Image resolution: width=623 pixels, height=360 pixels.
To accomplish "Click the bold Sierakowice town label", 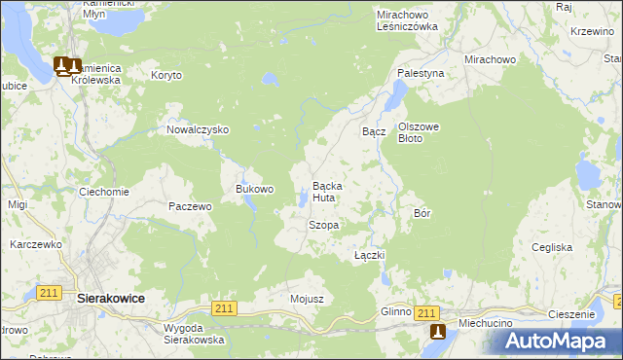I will click(x=111, y=301).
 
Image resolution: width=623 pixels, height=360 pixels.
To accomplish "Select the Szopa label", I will click(x=323, y=225).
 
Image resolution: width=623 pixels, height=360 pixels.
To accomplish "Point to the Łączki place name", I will click(x=370, y=255).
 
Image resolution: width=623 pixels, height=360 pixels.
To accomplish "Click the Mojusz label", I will click(x=307, y=299).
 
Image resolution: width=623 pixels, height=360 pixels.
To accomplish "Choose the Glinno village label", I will click(x=396, y=311).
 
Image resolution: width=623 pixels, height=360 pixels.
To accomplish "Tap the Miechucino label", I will click(x=477, y=312).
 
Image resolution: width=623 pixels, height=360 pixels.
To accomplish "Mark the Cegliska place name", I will click(x=552, y=247).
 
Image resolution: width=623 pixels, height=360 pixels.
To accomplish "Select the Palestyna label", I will click(x=421, y=73).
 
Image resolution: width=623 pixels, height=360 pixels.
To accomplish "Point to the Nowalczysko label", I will click(x=198, y=129).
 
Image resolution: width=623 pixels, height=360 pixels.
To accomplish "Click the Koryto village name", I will click(x=166, y=74).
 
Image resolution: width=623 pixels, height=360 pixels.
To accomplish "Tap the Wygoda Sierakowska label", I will click(x=195, y=335).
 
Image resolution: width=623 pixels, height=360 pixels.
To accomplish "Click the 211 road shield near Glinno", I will click(x=425, y=312).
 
